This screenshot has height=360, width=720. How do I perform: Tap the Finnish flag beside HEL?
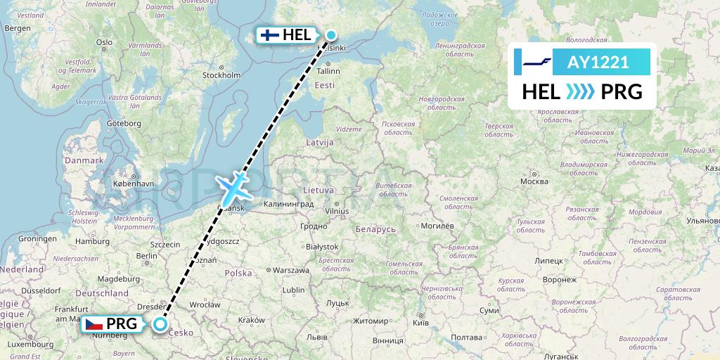[x=269, y=34]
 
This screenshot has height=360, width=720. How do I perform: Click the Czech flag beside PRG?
[x=95, y=323]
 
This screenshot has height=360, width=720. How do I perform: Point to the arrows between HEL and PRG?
[x=581, y=91]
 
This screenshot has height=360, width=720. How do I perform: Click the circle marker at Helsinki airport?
[x=330, y=34]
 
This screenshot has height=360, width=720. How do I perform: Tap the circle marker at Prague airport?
[x=161, y=324]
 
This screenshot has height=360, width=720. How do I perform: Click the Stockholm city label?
[x=221, y=75]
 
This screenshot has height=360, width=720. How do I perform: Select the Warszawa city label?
[x=291, y=270]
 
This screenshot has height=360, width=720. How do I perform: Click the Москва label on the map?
[x=534, y=181]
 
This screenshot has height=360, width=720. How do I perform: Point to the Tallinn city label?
[x=328, y=71]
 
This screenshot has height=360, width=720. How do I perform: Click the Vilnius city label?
[x=337, y=210]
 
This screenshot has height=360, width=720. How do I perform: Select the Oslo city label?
[x=104, y=42]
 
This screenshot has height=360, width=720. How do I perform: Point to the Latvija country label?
[x=319, y=142]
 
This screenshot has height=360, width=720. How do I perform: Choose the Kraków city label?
[x=251, y=320]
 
